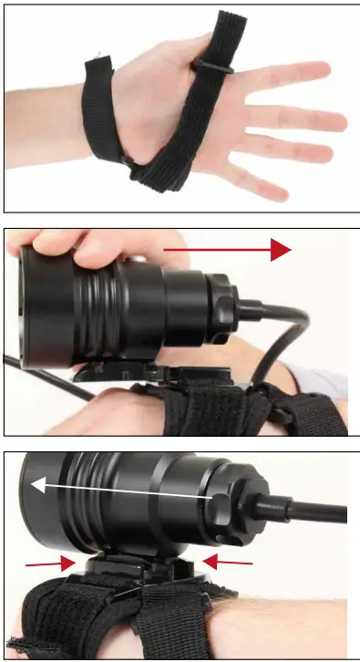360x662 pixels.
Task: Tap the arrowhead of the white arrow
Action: tap(36, 485)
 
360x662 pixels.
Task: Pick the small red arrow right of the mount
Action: tap(228, 563)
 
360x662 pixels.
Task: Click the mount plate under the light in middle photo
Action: tap(128, 374)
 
